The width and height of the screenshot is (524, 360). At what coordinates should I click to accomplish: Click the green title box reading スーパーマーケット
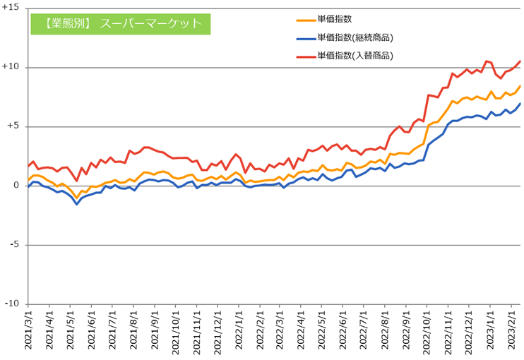click(x=121, y=23)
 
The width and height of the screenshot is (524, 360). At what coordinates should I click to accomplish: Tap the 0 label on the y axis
click(x=17, y=186)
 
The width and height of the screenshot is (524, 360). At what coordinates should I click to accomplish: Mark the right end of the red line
click(x=520, y=61)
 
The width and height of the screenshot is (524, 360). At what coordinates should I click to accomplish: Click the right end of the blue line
click(x=520, y=104)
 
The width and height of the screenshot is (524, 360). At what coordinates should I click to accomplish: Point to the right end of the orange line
click(x=520, y=86)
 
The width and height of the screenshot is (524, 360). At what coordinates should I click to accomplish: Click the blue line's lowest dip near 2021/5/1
click(x=77, y=204)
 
